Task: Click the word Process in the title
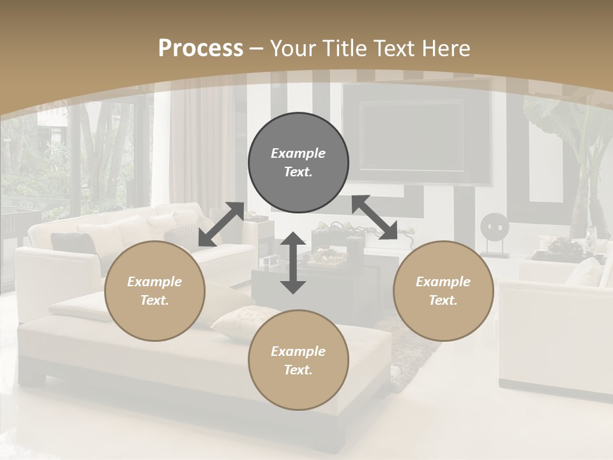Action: point(201,48)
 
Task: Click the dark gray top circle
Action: point(298,162)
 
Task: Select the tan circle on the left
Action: point(155,291)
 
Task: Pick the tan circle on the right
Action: point(443,291)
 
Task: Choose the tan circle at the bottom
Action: point(298,360)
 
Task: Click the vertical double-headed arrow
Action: point(293,263)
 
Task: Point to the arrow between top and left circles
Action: point(221,224)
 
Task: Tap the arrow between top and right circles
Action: point(375,218)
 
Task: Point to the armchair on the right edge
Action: point(556,332)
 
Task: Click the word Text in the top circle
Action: point(298,172)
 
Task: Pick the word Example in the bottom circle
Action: point(298,351)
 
